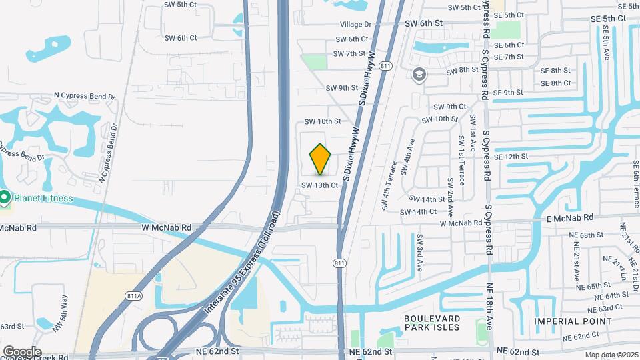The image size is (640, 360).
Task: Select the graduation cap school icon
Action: pyautogui.click(x=419, y=74)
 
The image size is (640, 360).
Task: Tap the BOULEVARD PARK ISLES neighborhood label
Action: pyautogui.click(x=431, y=323)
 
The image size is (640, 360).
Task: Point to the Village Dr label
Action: pyautogui.click(x=355, y=24)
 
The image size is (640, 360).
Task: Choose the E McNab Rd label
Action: pyautogui.click(x=569, y=218)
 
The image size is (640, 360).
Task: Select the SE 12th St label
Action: pyautogui.click(x=511, y=157)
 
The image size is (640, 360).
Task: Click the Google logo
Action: pyautogui.click(x=21, y=352)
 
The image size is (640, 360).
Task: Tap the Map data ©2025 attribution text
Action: pyautogui.click(x=611, y=355)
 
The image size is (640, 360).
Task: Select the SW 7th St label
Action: pyautogui.click(x=349, y=53)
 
